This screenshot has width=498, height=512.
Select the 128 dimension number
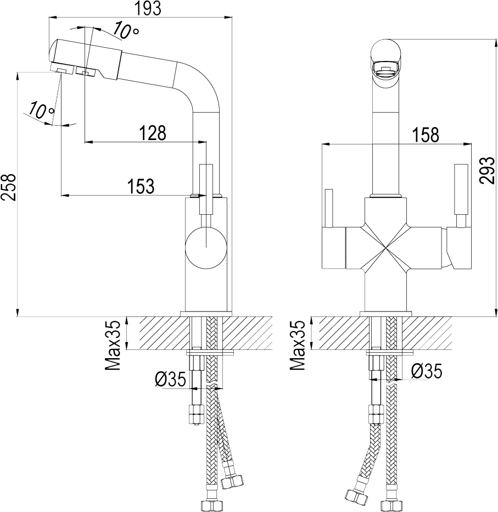[x=153, y=133]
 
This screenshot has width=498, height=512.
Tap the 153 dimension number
[x=141, y=186]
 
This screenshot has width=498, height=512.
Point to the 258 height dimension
[x=8, y=187]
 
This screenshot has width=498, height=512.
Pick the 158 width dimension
[x=425, y=134]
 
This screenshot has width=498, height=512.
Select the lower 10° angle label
[x=42, y=110]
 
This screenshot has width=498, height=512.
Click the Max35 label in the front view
[x=297, y=345]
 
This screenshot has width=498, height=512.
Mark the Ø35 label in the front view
[x=427, y=371]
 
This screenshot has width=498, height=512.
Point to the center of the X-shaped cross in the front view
[x=386, y=249]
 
